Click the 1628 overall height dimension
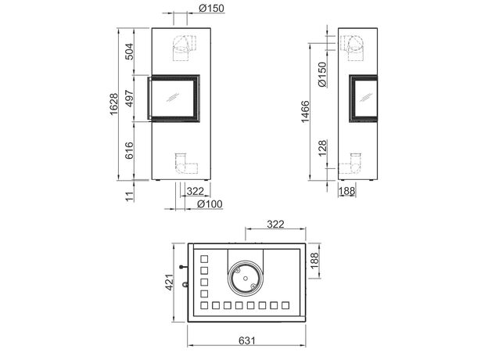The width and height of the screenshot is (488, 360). (x=114, y=104)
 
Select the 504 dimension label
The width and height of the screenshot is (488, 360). (x=129, y=52)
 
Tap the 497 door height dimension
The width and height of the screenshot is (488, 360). (x=129, y=98)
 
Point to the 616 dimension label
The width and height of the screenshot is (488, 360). (x=129, y=150)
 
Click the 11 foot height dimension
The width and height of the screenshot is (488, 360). (x=130, y=196)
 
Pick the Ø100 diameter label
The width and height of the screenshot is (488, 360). (x=210, y=204)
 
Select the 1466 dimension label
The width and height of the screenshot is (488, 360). (x=306, y=111)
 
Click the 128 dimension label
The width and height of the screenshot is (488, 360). (x=323, y=148)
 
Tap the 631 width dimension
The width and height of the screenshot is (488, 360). (x=247, y=340)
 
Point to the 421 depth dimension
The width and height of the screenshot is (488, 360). (x=169, y=283)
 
